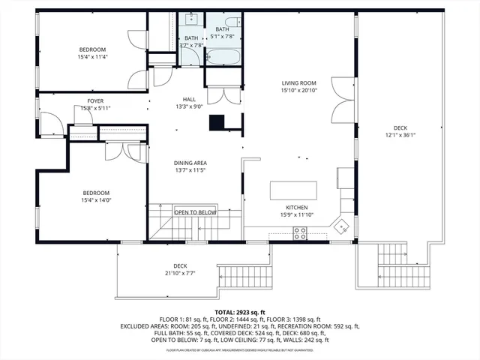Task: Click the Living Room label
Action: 298,83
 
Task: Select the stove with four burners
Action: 299,235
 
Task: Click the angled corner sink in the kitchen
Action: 343,224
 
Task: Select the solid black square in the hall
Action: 217,121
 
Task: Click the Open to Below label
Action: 195,212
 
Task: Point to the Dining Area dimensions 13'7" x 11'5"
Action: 190,170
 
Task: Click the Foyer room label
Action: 95,100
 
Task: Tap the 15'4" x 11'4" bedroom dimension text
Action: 94,57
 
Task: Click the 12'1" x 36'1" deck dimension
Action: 401,136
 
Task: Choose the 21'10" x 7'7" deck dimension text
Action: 180,274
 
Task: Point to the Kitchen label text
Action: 297,208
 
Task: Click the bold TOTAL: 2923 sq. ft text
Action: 240,312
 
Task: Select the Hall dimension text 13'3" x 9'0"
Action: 190,106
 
